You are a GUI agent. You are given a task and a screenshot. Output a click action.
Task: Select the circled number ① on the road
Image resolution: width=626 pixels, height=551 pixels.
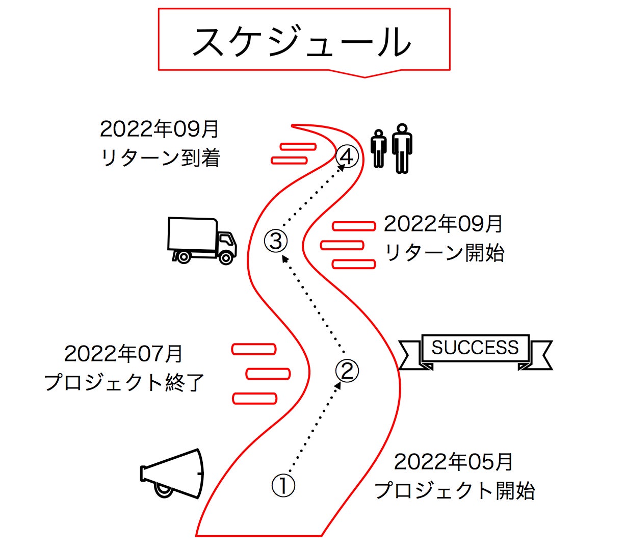pyautogui.click(x=283, y=486)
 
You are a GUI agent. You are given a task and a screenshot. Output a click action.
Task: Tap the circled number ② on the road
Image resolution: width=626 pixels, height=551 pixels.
pyautogui.click(x=347, y=371)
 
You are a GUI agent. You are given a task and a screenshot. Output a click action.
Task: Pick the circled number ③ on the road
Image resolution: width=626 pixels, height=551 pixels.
pyautogui.click(x=276, y=241)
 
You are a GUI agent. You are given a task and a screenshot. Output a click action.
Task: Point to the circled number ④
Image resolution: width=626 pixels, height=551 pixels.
pyautogui.click(x=347, y=156)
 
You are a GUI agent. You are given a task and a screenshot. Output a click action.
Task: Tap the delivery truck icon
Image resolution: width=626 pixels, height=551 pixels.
pyautogui.click(x=201, y=240)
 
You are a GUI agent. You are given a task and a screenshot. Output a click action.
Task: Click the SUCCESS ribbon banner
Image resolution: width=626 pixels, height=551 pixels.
pyautogui.click(x=475, y=350)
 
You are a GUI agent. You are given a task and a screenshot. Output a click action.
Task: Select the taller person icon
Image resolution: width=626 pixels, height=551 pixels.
pyautogui.click(x=402, y=148)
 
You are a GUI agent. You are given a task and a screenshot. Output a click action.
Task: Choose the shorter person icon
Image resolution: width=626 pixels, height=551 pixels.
pyautogui.click(x=378, y=149)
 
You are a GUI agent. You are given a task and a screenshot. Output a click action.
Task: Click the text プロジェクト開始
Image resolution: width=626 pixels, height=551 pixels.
pyautogui.click(x=455, y=490)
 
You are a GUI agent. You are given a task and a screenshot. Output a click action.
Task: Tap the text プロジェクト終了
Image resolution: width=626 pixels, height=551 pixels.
pyautogui.click(x=124, y=382)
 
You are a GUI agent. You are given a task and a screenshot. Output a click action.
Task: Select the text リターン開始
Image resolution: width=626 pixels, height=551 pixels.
pyautogui.click(x=444, y=253)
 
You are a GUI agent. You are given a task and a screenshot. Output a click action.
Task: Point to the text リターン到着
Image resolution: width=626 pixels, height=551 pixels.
pyautogui.click(x=160, y=158)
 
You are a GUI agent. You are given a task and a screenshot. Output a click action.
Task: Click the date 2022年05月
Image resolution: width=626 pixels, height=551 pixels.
pyautogui.click(x=453, y=462)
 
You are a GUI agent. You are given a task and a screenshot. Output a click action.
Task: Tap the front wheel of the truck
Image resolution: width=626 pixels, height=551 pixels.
pyautogui.click(x=226, y=257)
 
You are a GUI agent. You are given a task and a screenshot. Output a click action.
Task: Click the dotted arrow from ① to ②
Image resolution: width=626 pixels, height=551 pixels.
pyautogui.click(x=314, y=427)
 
